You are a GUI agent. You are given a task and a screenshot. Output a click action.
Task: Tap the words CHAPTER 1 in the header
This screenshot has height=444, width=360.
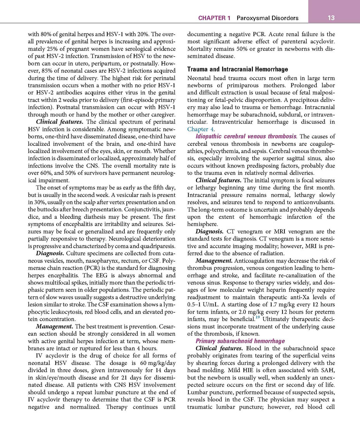tap(214, 18)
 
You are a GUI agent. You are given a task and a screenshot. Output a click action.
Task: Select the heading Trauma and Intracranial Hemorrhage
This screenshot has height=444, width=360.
tap(238, 69)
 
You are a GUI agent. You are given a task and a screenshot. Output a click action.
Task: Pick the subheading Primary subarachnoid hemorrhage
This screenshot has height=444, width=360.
tap(240, 341)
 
